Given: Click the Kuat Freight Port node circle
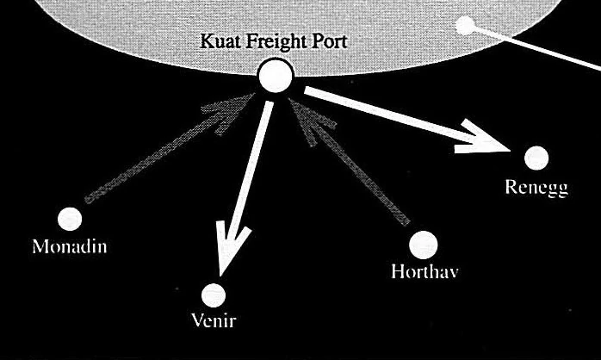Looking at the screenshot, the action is [276, 78].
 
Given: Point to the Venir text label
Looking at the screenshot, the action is [212, 322].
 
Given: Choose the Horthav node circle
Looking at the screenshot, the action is [423, 245].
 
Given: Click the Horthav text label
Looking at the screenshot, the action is [423, 273].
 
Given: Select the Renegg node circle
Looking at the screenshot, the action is [536, 158].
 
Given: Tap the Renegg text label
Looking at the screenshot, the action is [537, 186].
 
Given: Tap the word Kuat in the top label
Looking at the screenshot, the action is [218, 40].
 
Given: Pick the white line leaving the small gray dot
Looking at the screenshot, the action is [534, 47].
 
